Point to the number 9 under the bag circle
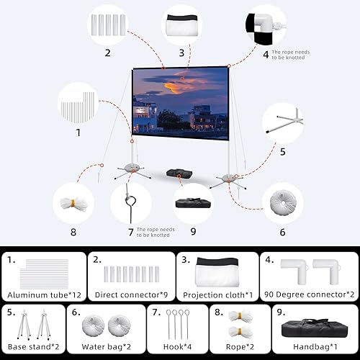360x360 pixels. click(x=192, y=231)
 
